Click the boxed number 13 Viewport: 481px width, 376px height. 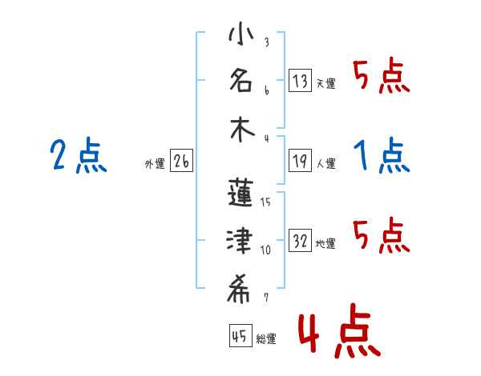(300, 80)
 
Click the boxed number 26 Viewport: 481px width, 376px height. (181, 162)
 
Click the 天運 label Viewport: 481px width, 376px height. (325, 82)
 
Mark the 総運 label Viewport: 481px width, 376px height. (265, 339)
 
